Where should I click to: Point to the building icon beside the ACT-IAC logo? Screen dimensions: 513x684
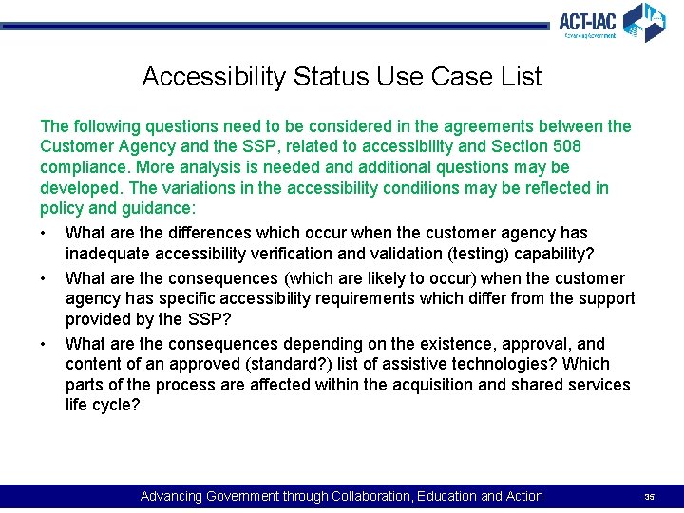[644, 21]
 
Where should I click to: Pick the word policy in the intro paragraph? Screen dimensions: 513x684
[61, 208]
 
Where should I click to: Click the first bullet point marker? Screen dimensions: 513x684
[45, 233]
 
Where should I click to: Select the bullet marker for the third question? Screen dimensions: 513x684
[45, 344]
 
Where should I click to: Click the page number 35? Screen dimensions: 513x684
[650, 497]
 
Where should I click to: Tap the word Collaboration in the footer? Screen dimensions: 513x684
[368, 496]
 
